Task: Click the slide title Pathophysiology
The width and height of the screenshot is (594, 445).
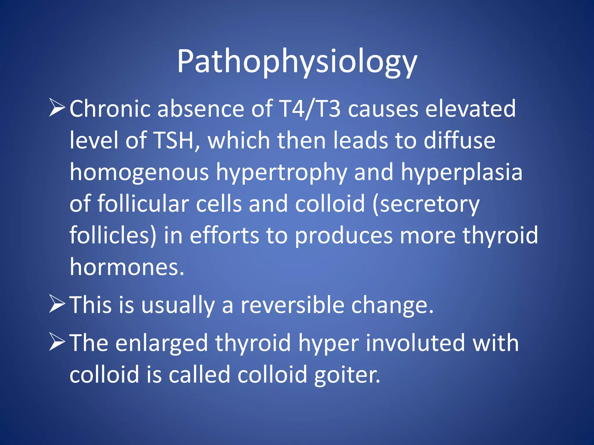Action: (x=297, y=62)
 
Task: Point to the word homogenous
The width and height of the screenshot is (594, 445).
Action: (x=139, y=172)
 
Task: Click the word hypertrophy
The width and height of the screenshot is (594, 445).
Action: (x=281, y=172)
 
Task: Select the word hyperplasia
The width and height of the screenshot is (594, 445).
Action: (x=462, y=172)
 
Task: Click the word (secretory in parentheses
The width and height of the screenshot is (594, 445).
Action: (x=426, y=204)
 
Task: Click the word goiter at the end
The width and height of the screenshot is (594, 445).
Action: (x=347, y=375)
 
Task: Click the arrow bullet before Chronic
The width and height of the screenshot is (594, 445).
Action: (x=57, y=108)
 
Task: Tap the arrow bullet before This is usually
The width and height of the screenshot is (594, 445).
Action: (x=57, y=304)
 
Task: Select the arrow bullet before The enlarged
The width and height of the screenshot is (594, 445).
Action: (x=57, y=342)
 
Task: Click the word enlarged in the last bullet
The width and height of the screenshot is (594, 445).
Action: (x=162, y=343)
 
